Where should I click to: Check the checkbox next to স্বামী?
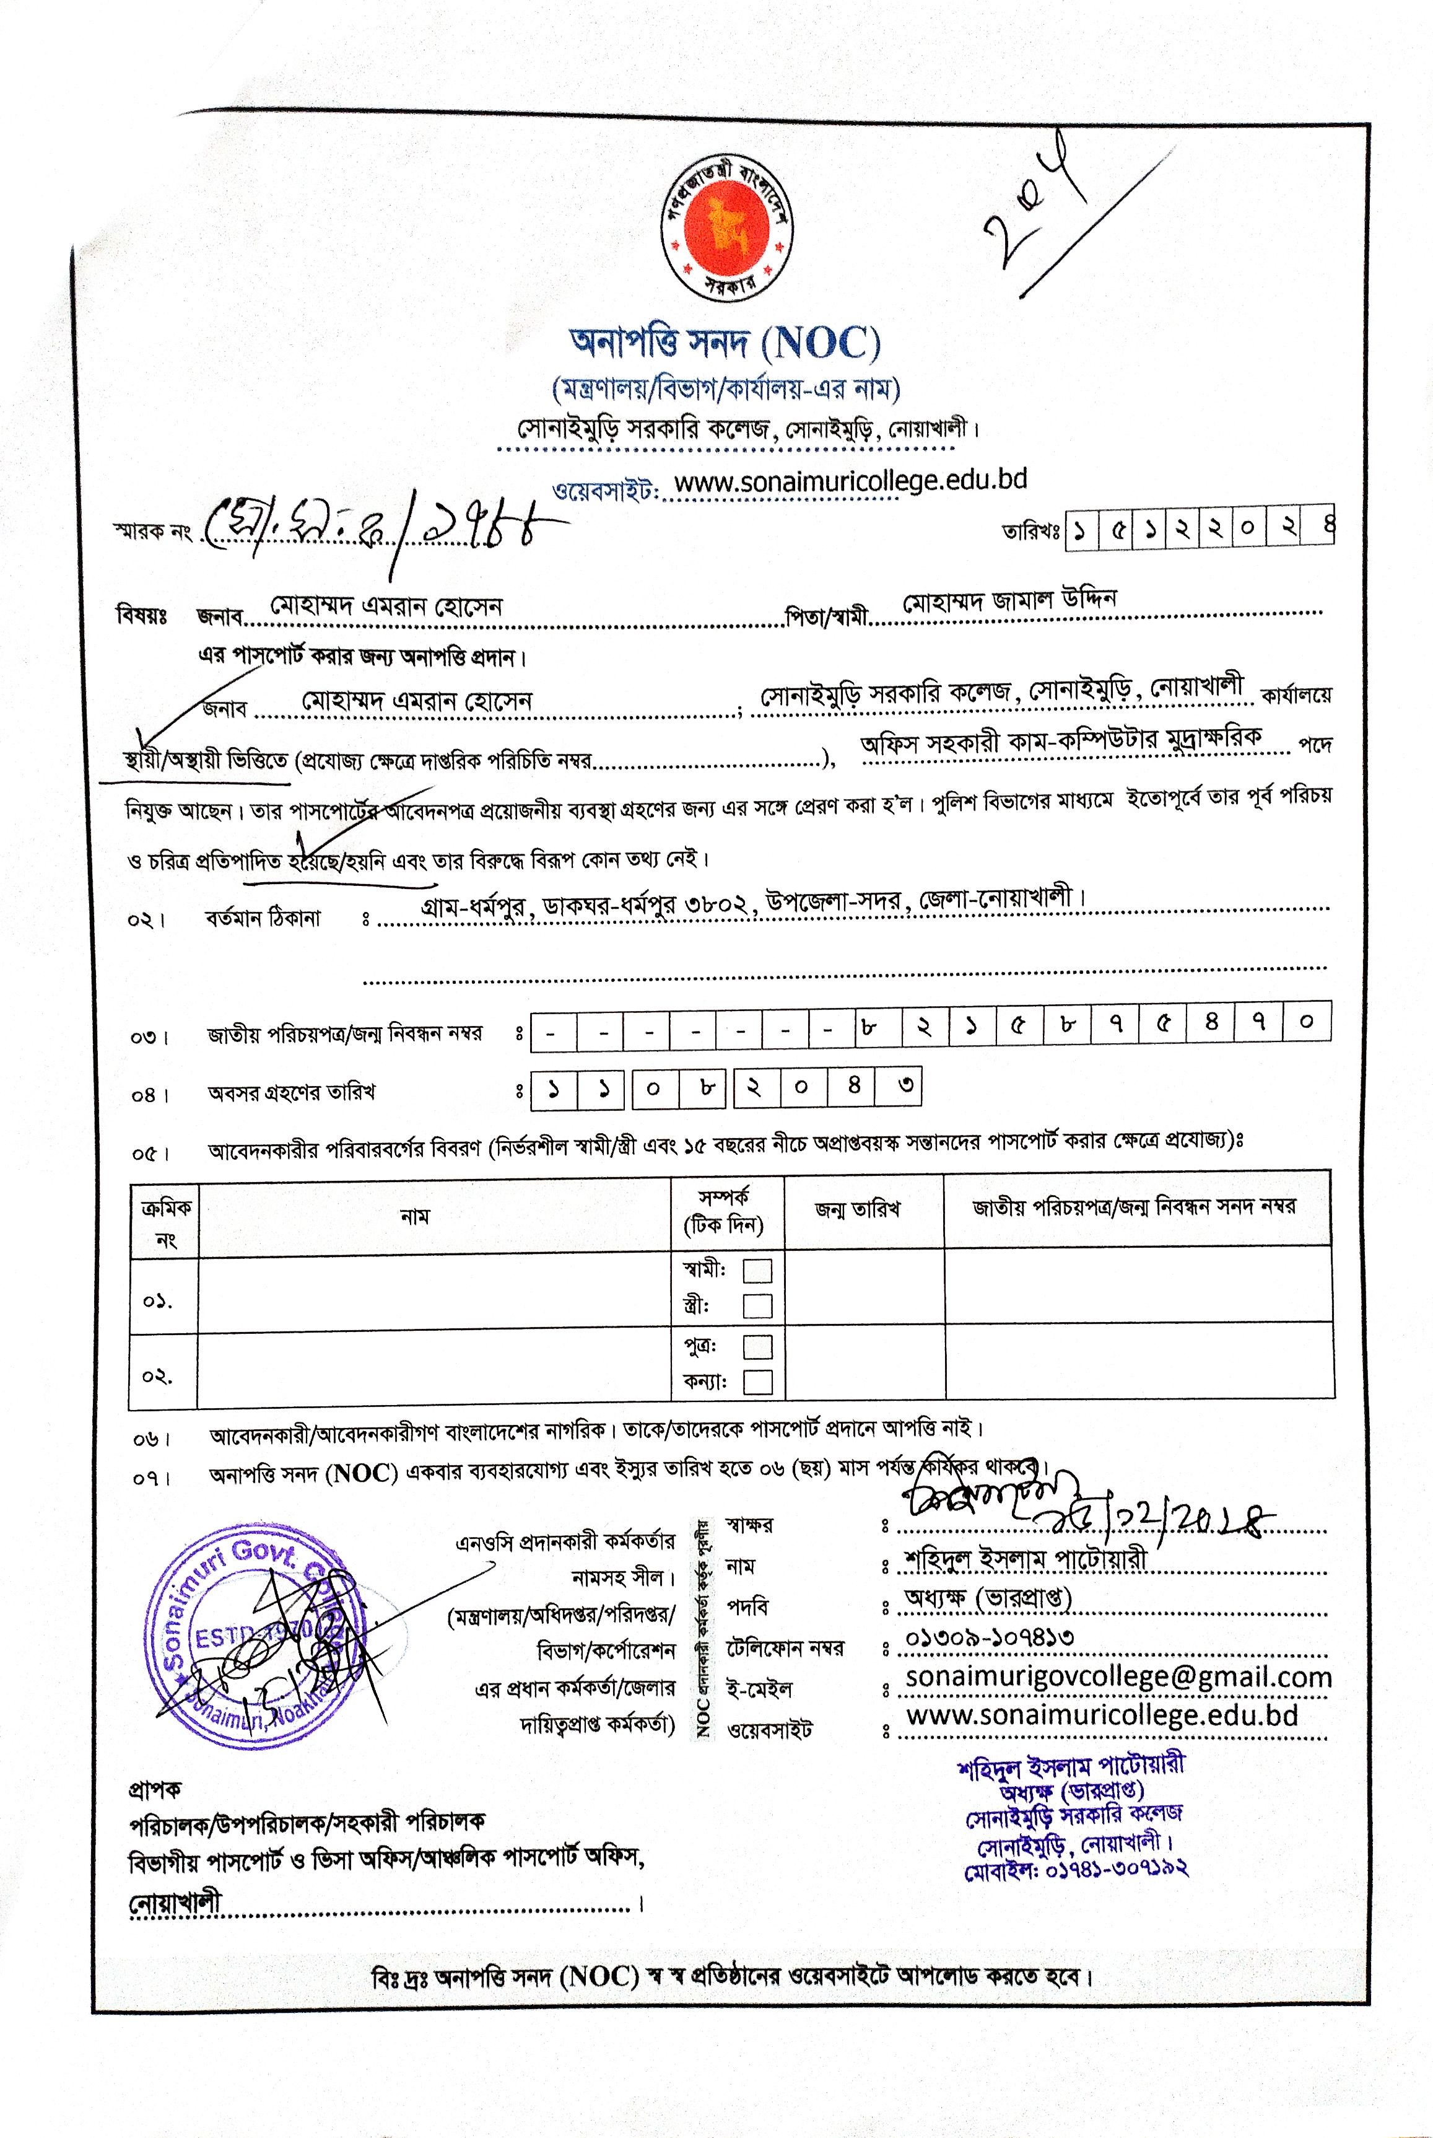tap(757, 1271)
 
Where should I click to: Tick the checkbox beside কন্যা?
tap(757, 1381)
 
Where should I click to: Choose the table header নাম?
tap(414, 1217)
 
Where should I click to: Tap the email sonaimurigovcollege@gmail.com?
tap(1118, 1677)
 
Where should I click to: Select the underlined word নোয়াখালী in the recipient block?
tap(175, 1903)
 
